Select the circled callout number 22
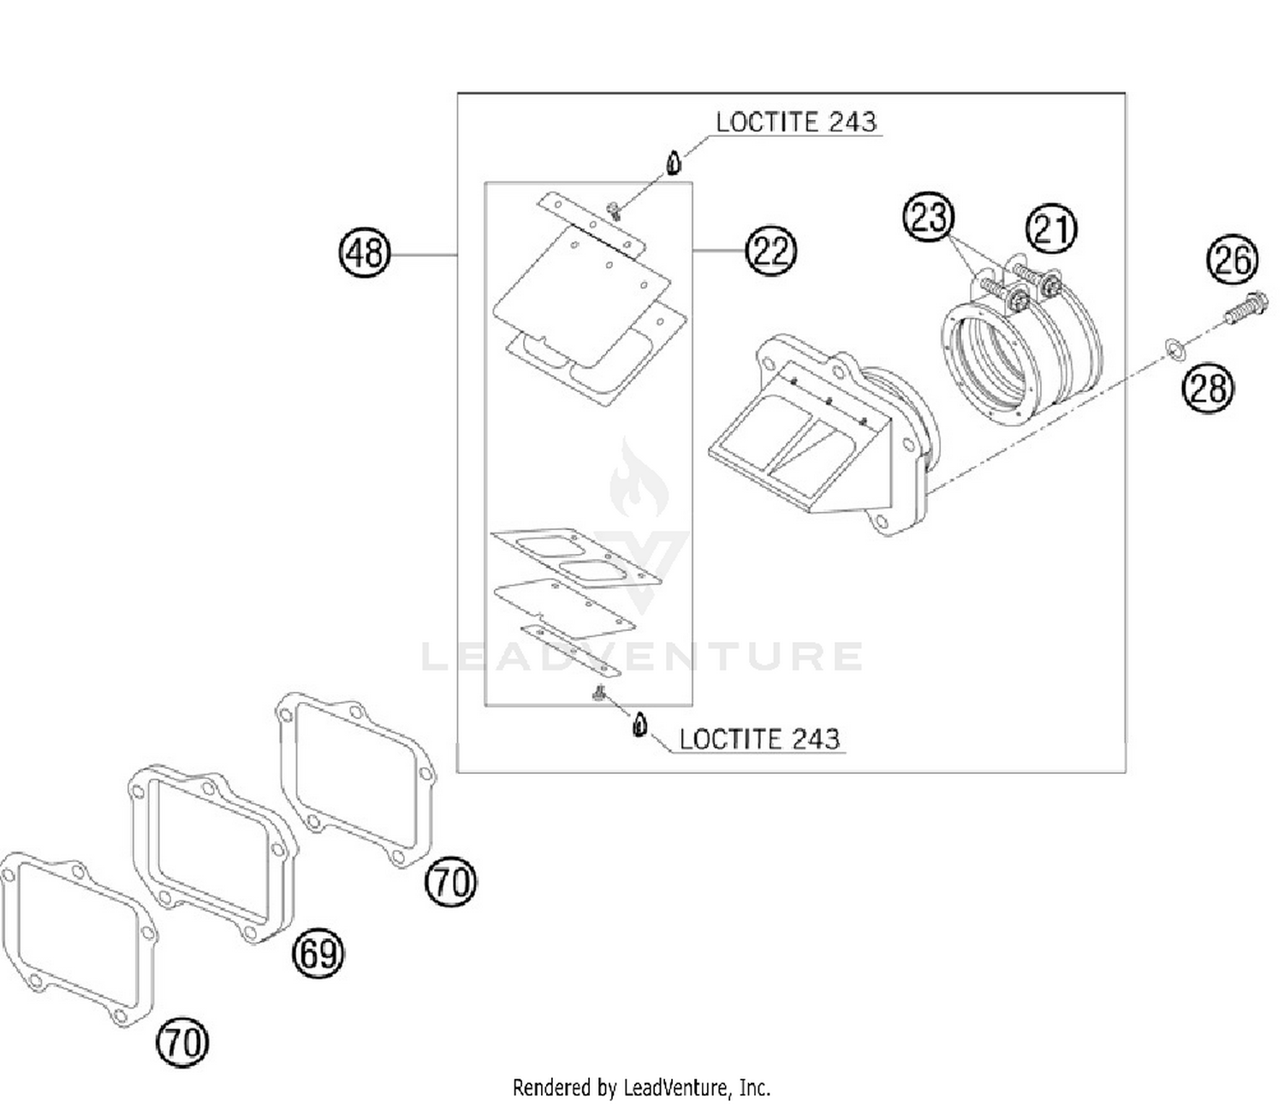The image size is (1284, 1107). (x=770, y=251)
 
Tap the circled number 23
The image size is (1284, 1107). (x=929, y=217)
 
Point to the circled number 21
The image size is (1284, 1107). (x=1051, y=229)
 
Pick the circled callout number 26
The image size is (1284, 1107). (x=1233, y=259)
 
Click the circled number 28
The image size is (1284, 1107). (x=1208, y=388)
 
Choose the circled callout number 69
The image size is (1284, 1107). (x=318, y=952)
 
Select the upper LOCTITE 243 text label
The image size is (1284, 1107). (x=796, y=122)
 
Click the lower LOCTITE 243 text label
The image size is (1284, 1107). (x=759, y=739)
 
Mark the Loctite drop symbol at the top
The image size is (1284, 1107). (x=674, y=162)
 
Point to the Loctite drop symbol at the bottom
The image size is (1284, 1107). (x=639, y=725)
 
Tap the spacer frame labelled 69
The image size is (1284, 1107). (x=214, y=852)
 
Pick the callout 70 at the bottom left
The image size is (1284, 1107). (x=182, y=1042)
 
